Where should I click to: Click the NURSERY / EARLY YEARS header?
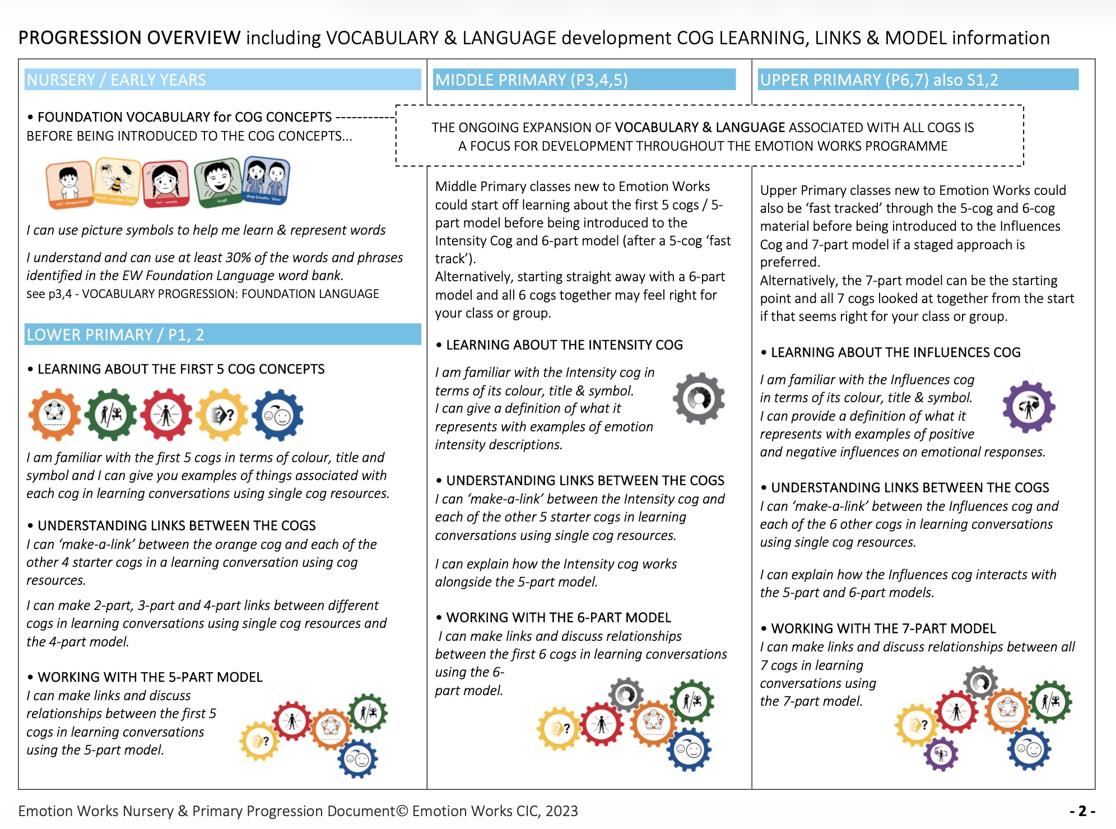(x=222, y=80)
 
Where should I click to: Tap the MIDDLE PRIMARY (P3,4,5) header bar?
(x=584, y=80)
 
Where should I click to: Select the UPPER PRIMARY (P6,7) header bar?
(x=918, y=80)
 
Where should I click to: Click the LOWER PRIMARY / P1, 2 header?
(x=222, y=334)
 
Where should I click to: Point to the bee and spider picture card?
(x=118, y=181)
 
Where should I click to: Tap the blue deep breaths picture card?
(x=266, y=180)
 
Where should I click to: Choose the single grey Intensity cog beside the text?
(x=699, y=398)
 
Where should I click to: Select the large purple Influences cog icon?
(x=1029, y=407)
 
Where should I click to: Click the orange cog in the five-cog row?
(x=55, y=414)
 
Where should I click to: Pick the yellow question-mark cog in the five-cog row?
(x=222, y=414)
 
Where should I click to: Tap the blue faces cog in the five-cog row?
(x=277, y=414)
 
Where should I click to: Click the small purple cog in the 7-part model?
(x=941, y=754)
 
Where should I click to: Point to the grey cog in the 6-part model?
(x=626, y=695)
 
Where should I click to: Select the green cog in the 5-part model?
(x=368, y=713)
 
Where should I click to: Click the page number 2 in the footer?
(x=1082, y=811)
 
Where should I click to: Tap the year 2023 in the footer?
(x=562, y=811)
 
